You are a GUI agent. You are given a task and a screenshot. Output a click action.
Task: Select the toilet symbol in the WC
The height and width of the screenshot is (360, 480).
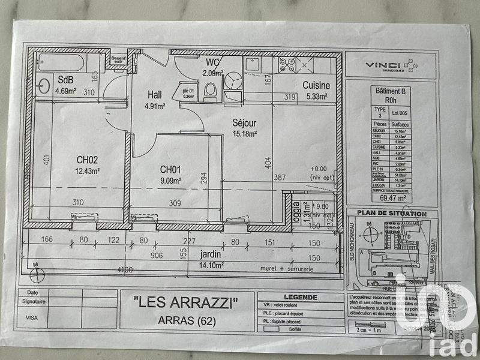coord(210,90)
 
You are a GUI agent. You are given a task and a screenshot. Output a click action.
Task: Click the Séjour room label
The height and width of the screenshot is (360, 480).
coord(245,122)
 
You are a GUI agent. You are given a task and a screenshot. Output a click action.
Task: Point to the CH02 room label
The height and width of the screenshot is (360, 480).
coord(88,160)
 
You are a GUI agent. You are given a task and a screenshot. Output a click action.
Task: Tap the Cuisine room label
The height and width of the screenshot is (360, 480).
coord(316,85)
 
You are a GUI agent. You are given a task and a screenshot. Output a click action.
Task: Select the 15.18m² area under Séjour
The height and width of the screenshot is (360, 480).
coord(245,134)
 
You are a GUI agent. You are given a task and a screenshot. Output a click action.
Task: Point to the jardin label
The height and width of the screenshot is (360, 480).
coord(211,254)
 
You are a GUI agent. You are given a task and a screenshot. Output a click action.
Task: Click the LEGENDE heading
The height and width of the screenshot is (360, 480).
coord(301,296)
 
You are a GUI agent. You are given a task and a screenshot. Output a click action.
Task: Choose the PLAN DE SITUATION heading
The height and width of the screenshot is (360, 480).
coord(392,214)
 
